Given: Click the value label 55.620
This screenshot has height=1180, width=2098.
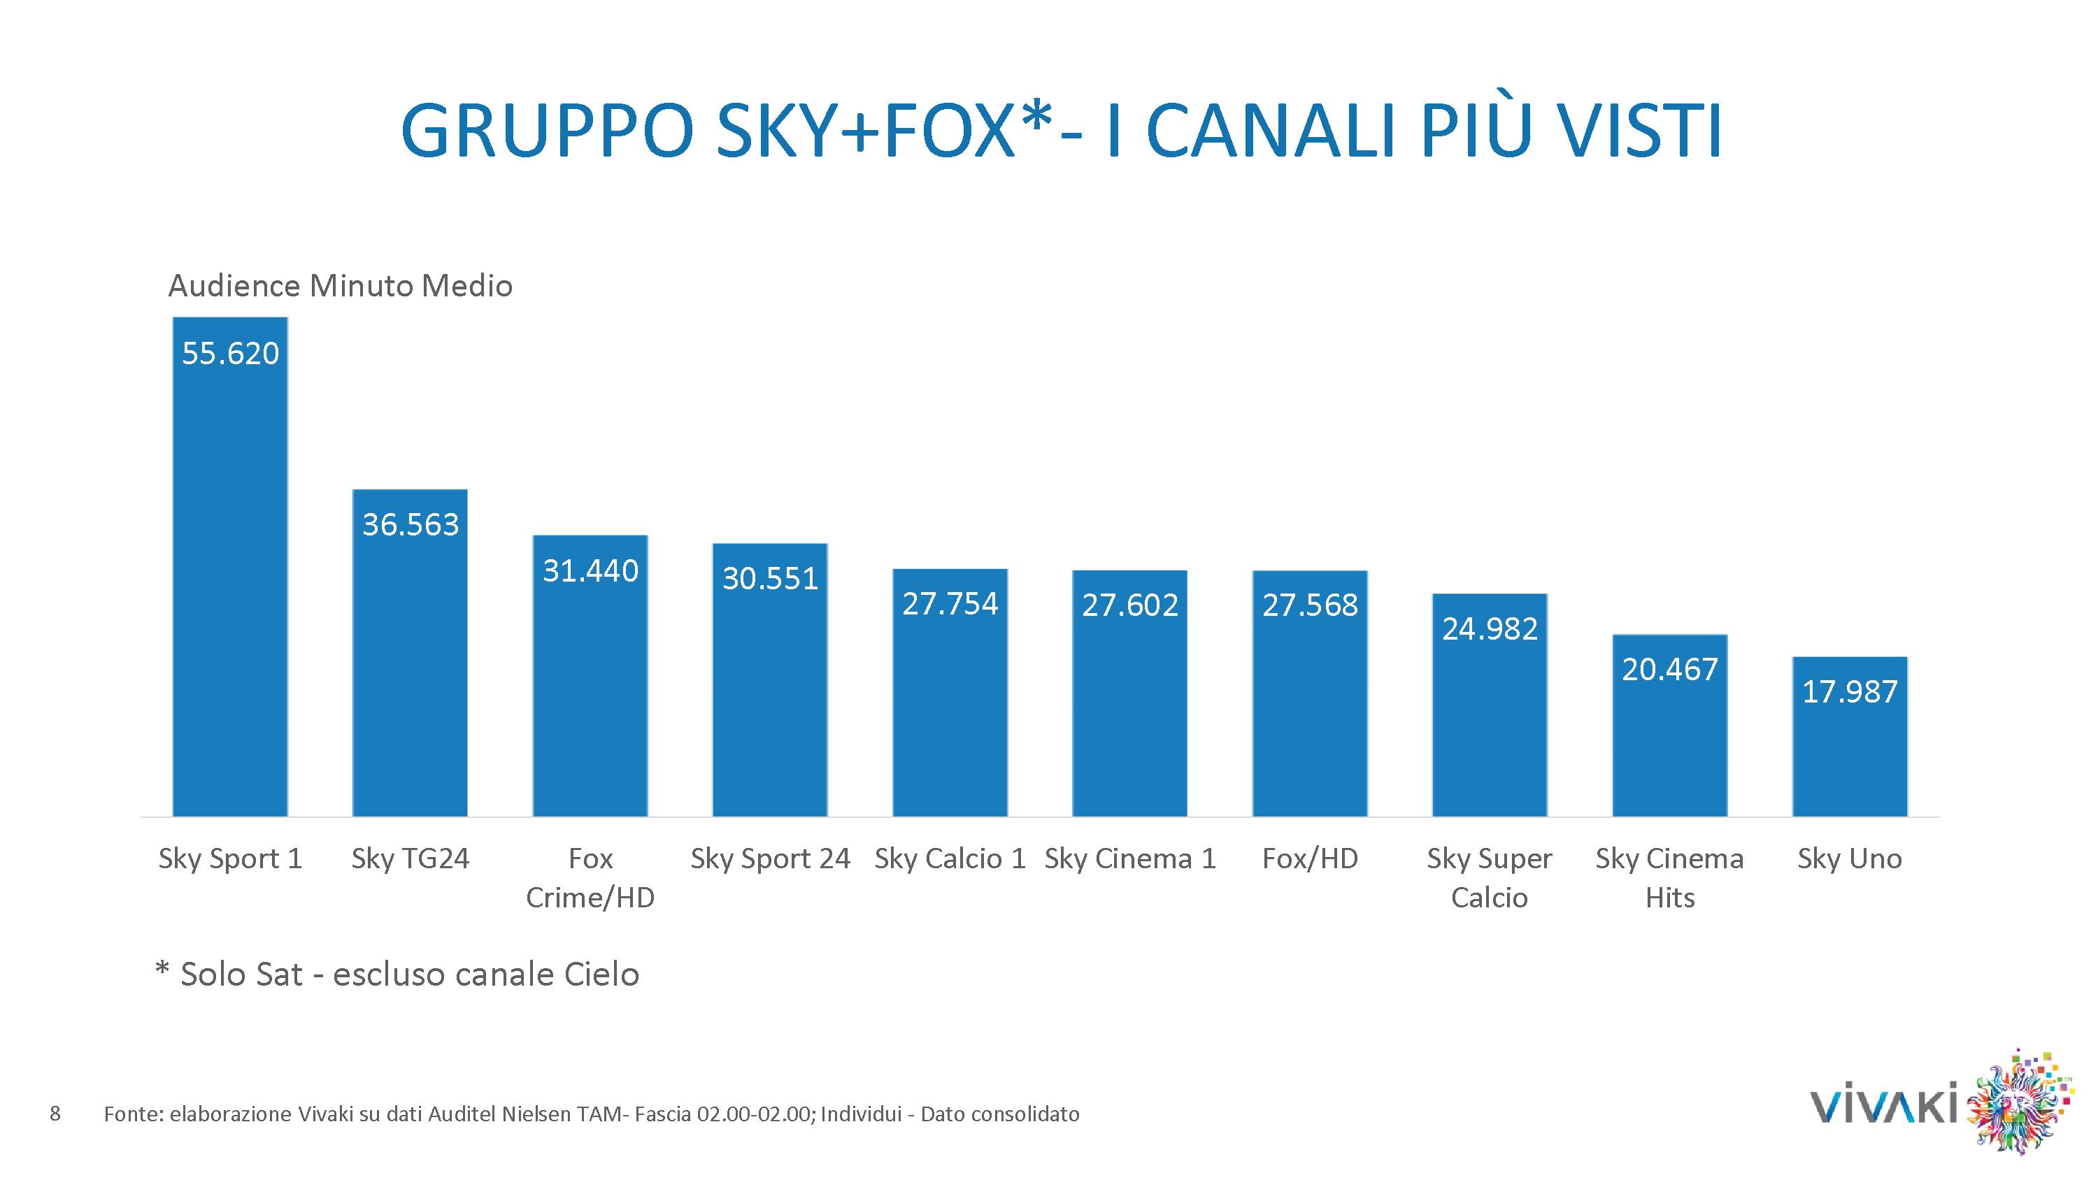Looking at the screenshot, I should click(231, 354).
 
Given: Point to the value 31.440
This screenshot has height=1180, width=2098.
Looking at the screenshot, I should click(590, 571).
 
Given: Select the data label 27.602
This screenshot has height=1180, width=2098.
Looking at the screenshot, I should click(1129, 605).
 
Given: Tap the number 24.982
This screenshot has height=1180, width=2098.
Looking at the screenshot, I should click(1490, 628).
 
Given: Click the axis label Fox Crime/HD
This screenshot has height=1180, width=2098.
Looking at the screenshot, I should click(590, 878).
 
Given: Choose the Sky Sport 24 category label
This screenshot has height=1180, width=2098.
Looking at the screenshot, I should click(770, 858).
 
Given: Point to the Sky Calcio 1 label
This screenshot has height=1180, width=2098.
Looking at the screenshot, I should click(950, 858).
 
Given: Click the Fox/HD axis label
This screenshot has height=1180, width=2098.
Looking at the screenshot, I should click(1310, 858).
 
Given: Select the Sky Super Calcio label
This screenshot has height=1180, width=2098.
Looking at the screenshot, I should click(1490, 878).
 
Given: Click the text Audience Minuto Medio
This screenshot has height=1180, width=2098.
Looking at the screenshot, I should click(341, 286).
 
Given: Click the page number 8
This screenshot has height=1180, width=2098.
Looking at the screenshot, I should click(55, 1113).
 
